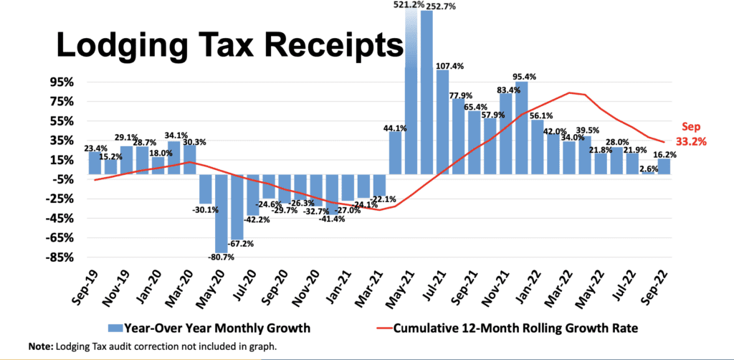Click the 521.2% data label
411,5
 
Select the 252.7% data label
444,6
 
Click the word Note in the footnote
41,347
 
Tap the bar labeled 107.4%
443,122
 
